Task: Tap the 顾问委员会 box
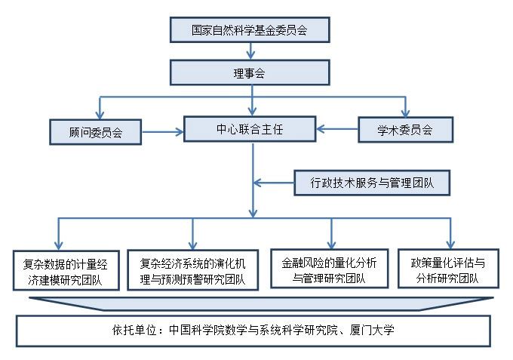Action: pyautogui.click(x=96, y=131)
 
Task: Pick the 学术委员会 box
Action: pyautogui.click(x=405, y=130)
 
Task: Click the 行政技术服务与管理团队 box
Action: pyautogui.click(x=370, y=182)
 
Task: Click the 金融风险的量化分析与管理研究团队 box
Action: pyautogui.click(x=330, y=269)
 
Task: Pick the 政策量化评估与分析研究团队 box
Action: pyautogui.click(x=448, y=269)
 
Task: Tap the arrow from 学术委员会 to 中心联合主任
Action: pyautogui.click(x=336, y=130)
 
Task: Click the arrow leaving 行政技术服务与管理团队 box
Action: pyautogui.click(x=272, y=182)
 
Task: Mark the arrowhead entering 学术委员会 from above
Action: pyautogui.click(x=406, y=112)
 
